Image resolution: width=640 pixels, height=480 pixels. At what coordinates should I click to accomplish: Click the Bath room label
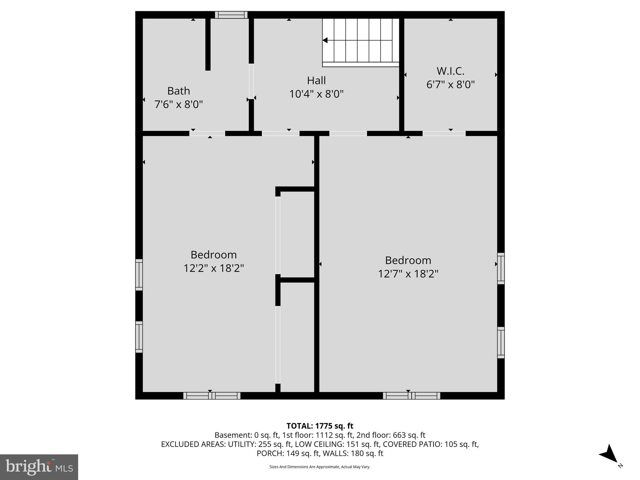tap(178, 91)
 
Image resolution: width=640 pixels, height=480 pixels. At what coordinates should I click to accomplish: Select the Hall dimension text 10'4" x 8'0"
tap(316, 94)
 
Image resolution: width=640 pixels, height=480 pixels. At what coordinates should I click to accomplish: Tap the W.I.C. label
tap(450, 71)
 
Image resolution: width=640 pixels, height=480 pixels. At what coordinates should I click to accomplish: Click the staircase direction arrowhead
tap(325, 40)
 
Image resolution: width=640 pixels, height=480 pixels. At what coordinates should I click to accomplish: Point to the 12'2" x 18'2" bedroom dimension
tap(213, 268)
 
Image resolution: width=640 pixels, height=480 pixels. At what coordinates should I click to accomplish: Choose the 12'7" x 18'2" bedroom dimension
tap(408, 274)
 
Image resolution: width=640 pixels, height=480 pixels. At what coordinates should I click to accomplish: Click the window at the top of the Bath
tap(231, 15)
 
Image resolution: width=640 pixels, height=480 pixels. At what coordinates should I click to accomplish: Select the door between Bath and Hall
tap(251, 81)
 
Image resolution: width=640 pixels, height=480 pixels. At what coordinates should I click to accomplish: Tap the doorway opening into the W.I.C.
tap(444, 133)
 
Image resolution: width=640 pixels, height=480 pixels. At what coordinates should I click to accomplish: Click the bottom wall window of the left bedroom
tap(212, 396)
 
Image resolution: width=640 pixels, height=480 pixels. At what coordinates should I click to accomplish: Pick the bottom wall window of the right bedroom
tap(411, 396)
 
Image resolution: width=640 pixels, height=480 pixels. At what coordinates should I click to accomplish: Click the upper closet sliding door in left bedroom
tap(277, 235)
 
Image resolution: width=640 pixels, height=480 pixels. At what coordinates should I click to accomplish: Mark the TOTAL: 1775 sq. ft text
tap(320, 426)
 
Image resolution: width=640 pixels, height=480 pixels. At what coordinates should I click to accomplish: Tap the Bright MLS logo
tap(39, 467)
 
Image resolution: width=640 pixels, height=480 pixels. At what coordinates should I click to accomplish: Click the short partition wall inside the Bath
tap(208, 44)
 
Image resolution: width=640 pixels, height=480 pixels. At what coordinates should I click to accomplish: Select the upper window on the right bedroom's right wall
tap(501, 268)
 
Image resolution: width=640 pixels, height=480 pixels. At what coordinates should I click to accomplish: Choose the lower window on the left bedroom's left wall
tap(139, 337)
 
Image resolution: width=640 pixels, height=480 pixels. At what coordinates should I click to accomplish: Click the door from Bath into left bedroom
tap(207, 133)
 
